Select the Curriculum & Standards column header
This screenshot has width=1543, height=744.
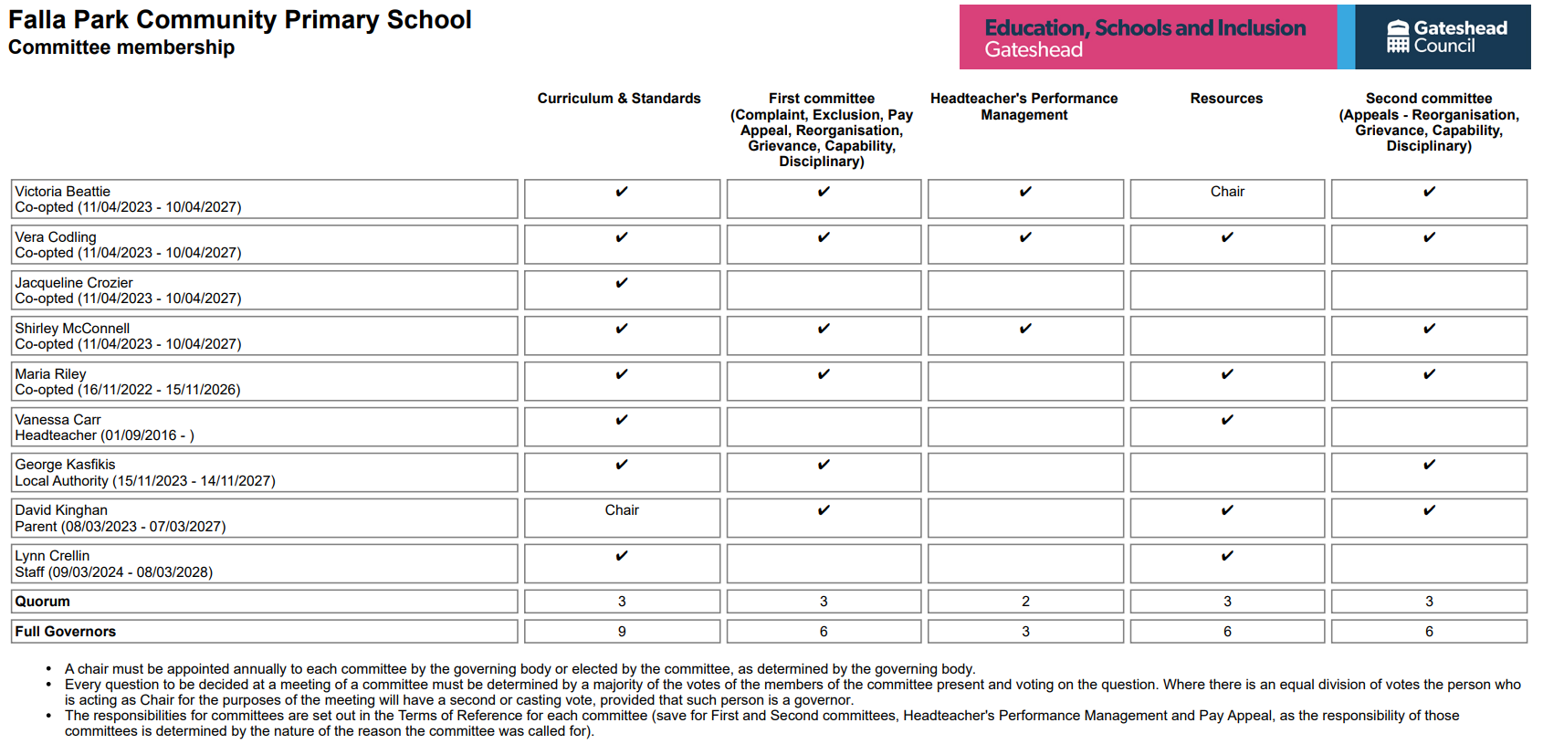point(619,99)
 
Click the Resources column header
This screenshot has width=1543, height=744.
point(1226,99)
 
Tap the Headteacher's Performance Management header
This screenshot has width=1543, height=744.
point(1023,107)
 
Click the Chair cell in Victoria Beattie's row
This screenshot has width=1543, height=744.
point(1227,192)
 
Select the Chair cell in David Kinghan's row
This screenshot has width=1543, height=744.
point(622,510)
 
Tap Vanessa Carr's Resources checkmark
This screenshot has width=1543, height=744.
point(1227,420)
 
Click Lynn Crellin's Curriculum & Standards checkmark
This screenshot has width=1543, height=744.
point(622,556)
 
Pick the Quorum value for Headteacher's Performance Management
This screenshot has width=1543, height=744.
point(1025,602)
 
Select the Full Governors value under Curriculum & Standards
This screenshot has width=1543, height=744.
point(622,632)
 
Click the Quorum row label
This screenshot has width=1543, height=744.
point(42,602)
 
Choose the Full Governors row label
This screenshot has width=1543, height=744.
point(65,632)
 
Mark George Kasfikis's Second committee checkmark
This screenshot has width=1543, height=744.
point(1429,465)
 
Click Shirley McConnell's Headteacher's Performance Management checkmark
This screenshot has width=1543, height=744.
point(1025,329)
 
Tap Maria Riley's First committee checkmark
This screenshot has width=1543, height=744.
point(824,374)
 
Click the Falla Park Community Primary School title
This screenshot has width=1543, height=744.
point(239,20)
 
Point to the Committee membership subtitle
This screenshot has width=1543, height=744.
point(121,47)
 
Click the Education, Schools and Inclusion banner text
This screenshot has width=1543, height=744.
point(1145,28)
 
